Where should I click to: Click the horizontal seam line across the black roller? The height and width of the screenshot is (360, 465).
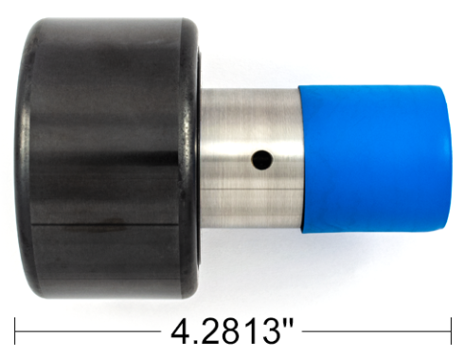point(104,225)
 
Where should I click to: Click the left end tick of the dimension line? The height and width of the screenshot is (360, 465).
point(16,331)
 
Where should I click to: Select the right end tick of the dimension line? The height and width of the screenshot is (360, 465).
point(450,331)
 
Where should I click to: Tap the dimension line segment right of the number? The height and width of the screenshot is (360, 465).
point(379,331)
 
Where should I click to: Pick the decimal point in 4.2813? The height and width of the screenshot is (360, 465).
point(198,341)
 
